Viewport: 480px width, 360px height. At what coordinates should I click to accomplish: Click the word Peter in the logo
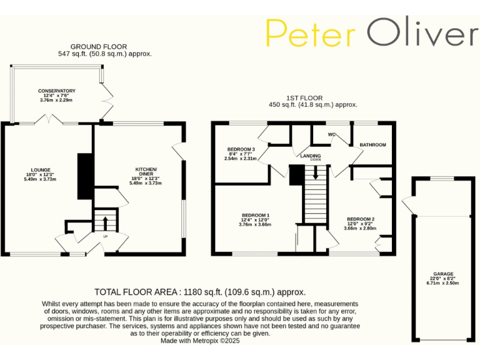(310, 33)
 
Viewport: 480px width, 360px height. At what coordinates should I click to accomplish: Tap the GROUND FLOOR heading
(99, 47)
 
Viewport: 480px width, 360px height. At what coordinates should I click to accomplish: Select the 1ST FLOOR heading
(304, 98)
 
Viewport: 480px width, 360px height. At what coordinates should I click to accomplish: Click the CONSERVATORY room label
(56, 91)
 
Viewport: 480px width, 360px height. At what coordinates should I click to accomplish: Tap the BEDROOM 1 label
(254, 215)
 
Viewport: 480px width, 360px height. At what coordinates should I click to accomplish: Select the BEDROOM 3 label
(241, 149)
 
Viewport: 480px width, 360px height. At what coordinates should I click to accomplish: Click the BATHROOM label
(372, 145)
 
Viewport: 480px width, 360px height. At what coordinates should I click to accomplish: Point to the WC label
(332, 134)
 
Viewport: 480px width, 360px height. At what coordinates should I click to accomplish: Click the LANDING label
(311, 156)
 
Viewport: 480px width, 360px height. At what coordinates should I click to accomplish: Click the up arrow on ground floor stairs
(105, 222)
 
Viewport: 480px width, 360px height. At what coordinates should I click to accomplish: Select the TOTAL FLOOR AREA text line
(200, 292)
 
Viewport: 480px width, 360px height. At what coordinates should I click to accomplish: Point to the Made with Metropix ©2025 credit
(200, 341)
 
